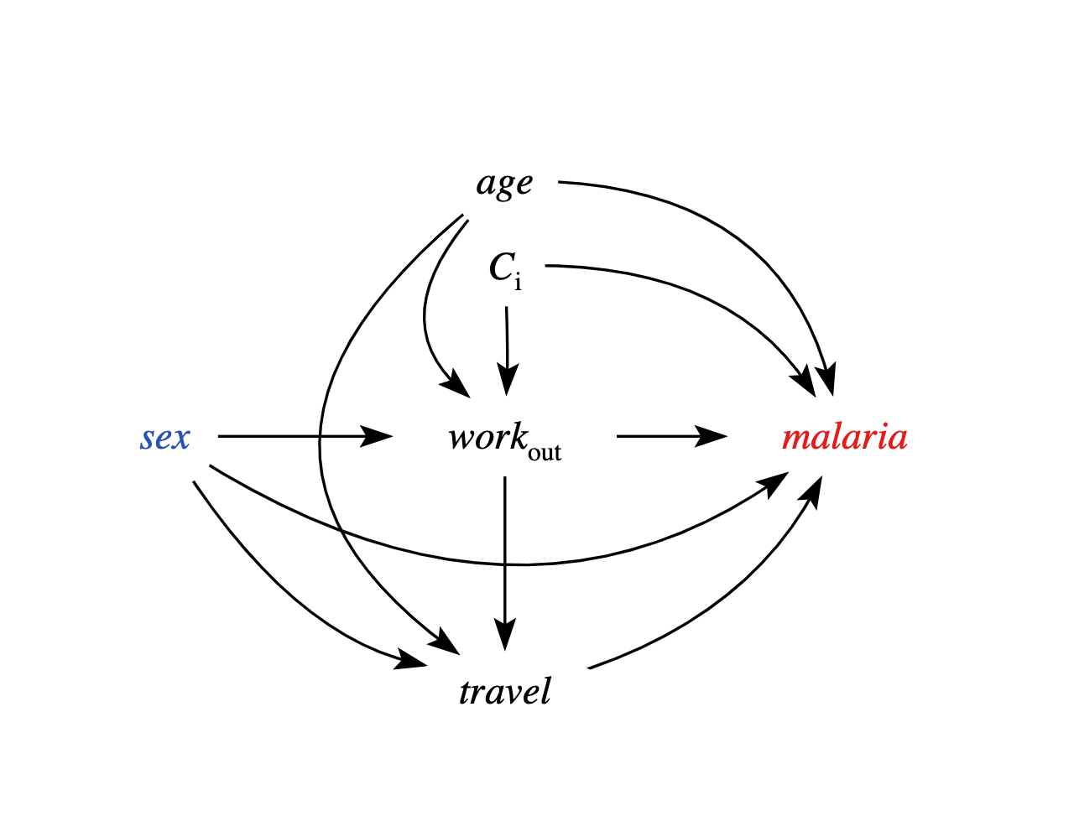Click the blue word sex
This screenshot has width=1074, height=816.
[x=165, y=438]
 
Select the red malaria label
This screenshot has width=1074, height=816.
[x=844, y=438]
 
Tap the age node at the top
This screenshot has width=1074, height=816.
[x=504, y=183]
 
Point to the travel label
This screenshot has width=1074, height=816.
[x=505, y=692]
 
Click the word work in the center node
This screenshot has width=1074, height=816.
[x=487, y=437]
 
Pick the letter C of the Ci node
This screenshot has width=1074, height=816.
[x=501, y=268]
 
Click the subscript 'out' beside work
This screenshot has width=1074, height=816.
[x=545, y=452]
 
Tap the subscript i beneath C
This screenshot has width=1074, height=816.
[x=518, y=283]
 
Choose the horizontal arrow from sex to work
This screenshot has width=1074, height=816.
[x=302, y=436]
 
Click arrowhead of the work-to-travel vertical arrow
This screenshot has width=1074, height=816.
[x=504, y=637]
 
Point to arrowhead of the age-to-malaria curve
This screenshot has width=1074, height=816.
[x=827, y=382]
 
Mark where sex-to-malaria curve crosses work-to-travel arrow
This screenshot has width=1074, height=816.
[x=504, y=564]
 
